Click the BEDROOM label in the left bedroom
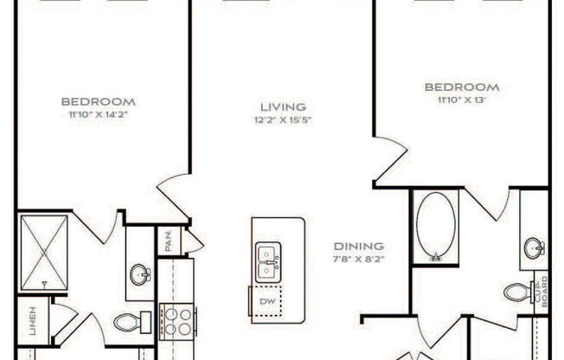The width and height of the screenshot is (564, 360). (104, 101)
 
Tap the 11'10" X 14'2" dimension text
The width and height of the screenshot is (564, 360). (104, 113)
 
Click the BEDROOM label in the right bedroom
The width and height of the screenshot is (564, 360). (461, 87)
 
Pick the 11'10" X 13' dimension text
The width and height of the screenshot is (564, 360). (461, 100)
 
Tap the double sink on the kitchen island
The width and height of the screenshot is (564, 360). (268, 261)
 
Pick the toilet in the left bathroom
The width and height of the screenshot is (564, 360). (129, 323)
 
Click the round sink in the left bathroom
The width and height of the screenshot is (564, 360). (140, 276)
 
